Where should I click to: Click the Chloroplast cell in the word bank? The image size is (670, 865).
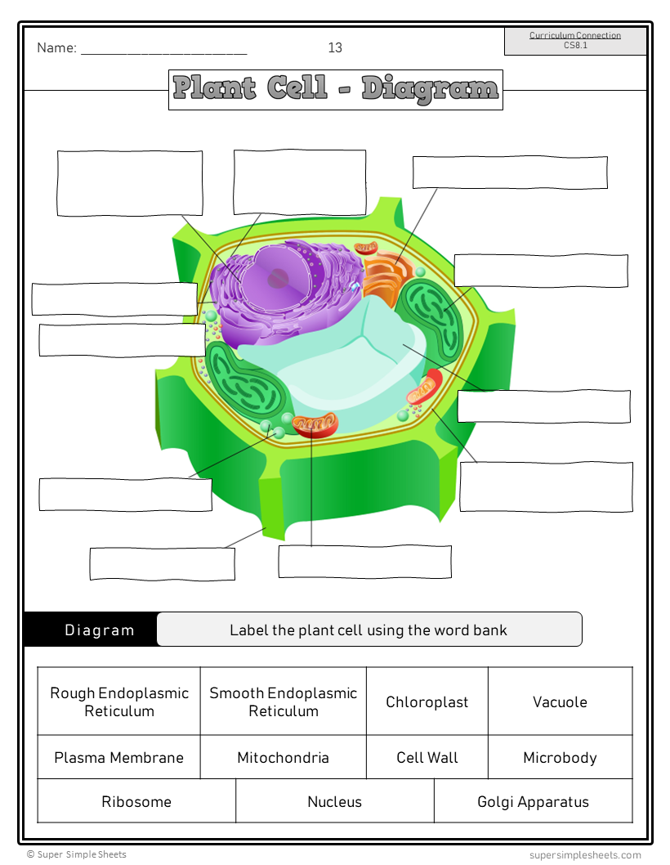coord(427,701)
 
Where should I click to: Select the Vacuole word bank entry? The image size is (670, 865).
coord(560,701)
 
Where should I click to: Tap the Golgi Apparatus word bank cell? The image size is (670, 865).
coord(533,801)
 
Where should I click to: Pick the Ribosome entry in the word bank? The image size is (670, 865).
coord(136,801)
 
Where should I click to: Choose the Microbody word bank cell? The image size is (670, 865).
coord(560,757)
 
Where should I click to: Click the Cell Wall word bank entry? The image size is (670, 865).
coord(427,757)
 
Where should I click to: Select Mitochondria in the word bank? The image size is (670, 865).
coord(283,757)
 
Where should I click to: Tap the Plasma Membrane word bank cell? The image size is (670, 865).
coord(118,757)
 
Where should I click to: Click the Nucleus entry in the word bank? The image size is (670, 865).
coord(334,801)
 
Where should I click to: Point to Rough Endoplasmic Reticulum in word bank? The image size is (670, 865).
coord(118,701)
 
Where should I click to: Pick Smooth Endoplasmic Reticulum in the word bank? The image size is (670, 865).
coord(283,701)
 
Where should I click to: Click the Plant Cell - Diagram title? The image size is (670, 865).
coord(336,89)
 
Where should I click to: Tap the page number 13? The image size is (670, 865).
coord(335,47)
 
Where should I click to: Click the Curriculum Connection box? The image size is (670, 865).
coord(575,41)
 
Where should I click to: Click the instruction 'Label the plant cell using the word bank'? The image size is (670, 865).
coord(368,630)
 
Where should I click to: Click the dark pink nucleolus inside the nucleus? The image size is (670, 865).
coord(279,278)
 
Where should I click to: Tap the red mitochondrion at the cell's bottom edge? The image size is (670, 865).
coord(315,424)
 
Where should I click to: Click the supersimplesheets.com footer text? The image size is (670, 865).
coord(585,855)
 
